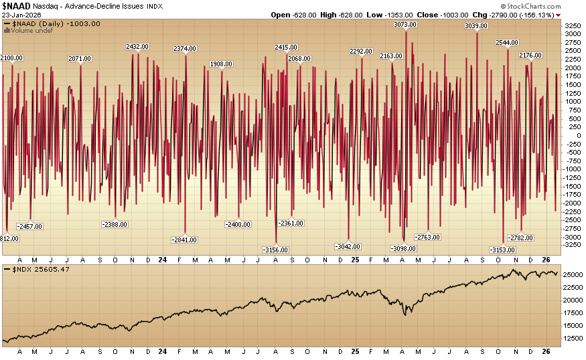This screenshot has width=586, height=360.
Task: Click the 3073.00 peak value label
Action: point(405,24)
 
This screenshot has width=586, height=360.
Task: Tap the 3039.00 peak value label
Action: point(476,25)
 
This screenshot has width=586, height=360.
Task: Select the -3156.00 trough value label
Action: point(275,250)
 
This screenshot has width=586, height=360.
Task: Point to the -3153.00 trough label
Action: point(503,250)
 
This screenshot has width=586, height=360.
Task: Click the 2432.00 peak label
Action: point(138,46)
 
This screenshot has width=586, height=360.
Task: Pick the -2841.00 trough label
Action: point(184,240)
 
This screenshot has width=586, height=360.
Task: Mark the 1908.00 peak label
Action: point(221,64)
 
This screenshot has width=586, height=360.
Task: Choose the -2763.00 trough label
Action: point(428,237)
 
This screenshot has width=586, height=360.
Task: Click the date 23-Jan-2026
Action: point(23,15)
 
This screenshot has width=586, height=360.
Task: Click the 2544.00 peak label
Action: point(507,43)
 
